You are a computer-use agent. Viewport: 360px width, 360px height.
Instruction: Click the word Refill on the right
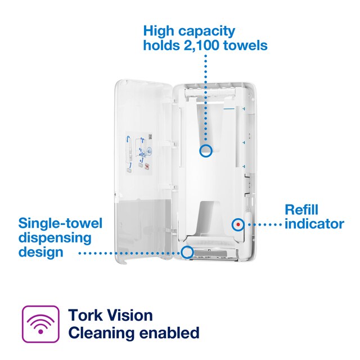(301, 210)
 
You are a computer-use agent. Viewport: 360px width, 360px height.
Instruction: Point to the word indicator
(314, 223)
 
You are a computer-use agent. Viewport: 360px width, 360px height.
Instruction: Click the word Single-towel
(61, 224)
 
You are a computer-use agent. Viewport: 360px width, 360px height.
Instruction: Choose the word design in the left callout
(41, 252)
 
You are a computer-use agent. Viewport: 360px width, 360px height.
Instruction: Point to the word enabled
(171, 333)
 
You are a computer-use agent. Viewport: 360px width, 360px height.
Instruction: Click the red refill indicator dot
(238, 224)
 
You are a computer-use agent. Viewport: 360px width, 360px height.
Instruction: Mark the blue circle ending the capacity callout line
(206, 150)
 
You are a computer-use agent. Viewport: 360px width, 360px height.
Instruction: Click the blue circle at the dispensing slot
(188, 253)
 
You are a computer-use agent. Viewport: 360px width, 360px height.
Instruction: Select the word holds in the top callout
(163, 45)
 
